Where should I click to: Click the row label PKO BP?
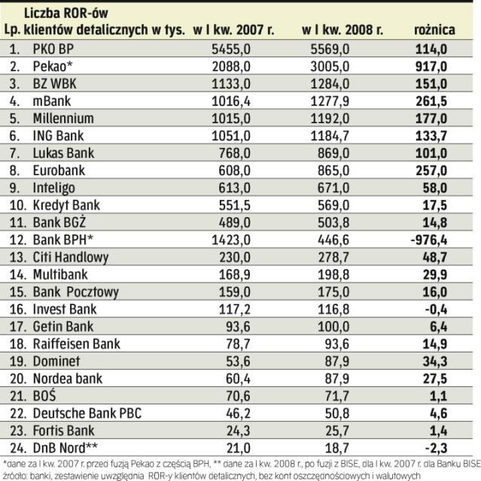click(x=54, y=49)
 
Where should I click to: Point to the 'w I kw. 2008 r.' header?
click(x=342, y=30)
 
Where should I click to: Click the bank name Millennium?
click(x=63, y=118)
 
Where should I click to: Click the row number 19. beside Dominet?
click(x=14, y=361)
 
